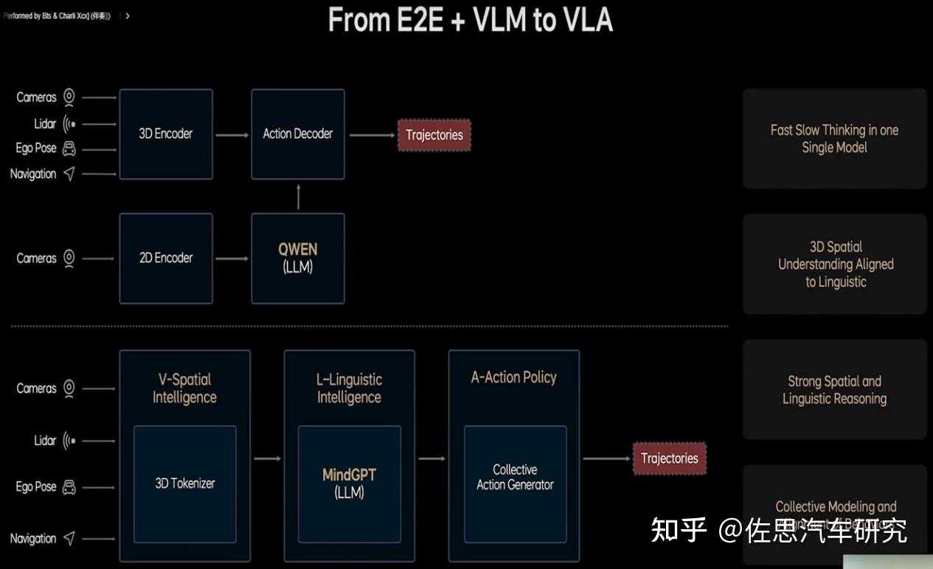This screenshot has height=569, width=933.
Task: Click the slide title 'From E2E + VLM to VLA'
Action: [470, 20]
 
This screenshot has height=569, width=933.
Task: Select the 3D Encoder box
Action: [166, 134]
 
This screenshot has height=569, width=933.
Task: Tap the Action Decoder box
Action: [298, 134]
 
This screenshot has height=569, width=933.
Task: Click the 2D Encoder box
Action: [166, 258]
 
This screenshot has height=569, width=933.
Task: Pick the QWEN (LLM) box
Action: [298, 258]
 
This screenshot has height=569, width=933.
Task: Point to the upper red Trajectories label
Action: [434, 135]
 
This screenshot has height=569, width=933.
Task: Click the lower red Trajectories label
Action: [669, 458]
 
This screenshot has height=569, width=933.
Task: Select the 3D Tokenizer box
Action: [185, 484]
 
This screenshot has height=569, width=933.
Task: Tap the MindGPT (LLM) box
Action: [350, 484]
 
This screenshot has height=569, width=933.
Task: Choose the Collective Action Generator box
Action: [515, 478]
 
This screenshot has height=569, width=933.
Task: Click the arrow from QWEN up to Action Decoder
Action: [298, 197]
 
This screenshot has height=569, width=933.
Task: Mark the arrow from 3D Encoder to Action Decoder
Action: [232, 134]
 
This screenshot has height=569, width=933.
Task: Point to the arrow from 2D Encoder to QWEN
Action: [232, 258]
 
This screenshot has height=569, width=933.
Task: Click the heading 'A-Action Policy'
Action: [514, 377]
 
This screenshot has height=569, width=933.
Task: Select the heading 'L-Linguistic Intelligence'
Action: [350, 388]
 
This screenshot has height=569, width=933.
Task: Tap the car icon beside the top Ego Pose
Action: [69, 148]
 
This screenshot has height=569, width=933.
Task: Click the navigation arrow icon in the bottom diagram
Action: [69, 539]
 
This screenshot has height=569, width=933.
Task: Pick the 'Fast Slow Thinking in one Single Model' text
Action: [834, 139]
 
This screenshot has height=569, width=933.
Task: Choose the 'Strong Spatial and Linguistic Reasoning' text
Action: [834, 390]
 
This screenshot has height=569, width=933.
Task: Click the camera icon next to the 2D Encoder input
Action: [69, 258]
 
